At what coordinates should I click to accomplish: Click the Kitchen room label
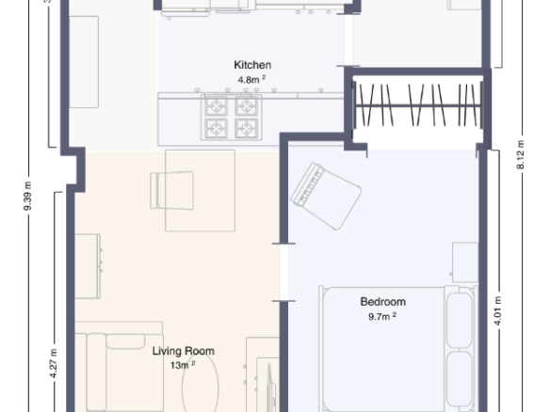[x=252, y=65]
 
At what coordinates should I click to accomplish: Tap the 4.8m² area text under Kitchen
[x=251, y=80]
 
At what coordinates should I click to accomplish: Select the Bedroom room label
[x=383, y=302]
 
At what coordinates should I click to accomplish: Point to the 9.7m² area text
[x=382, y=316]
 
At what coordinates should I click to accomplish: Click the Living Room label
[x=183, y=351]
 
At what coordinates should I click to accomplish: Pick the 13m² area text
[x=183, y=365]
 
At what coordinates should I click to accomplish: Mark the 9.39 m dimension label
[x=27, y=197]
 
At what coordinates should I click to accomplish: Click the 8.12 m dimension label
[x=520, y=155]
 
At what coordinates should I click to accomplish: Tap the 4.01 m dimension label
[x=497, y=311]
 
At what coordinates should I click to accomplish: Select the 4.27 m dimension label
[x=54, y=363]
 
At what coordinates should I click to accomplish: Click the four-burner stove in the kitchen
[x=232, y=117]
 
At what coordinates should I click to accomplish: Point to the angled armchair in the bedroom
[x=326, y=196]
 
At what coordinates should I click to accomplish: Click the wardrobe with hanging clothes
[x=418, y=105]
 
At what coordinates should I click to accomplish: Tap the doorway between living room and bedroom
[x=284, y=272]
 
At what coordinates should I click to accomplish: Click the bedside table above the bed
[x=465, y=262]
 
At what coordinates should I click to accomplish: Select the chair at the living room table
[x=171, y=191]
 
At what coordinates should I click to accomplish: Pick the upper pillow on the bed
[x=460, y=320]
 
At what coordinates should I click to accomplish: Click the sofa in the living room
[x=120, y=367]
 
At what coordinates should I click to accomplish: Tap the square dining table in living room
[x=200, y=191]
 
